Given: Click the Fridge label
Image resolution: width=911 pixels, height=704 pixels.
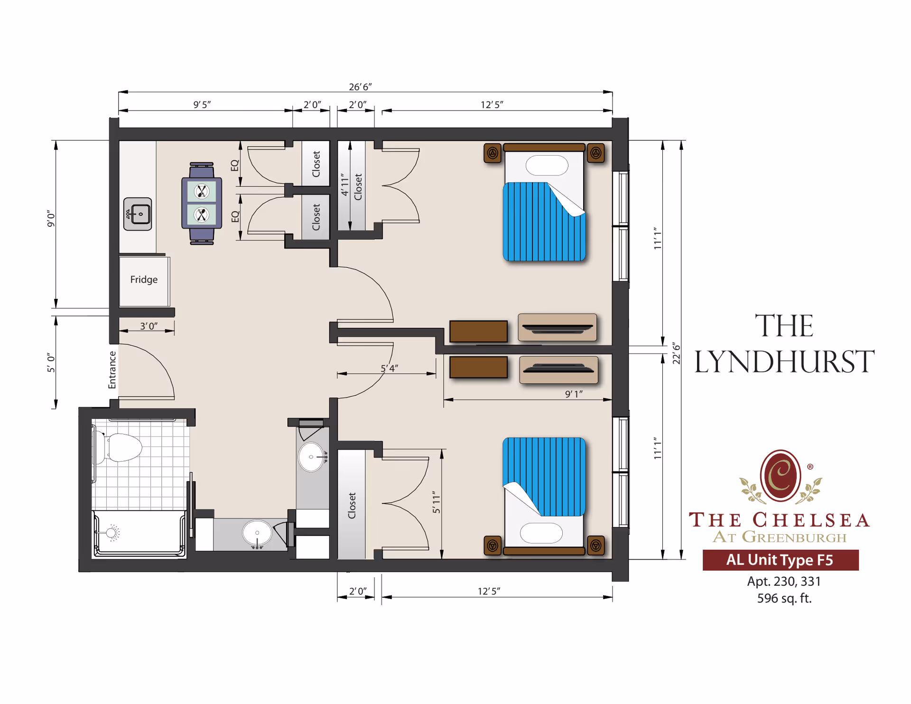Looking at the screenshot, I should [x=144, y=279].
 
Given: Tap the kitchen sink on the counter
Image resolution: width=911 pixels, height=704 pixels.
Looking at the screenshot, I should [x=138, y=214].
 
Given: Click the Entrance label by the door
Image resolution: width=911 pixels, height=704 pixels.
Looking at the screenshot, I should [x=112, y=370].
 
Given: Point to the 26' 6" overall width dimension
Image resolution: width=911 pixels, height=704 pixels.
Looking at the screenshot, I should [x=360, y=87].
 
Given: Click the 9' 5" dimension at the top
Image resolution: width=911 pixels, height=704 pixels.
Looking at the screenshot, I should [x=202, y=104].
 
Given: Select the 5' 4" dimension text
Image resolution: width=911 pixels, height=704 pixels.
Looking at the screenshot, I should [x=390, y=368].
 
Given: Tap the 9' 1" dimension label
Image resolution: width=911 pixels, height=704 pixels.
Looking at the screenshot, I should [x=574, y=394].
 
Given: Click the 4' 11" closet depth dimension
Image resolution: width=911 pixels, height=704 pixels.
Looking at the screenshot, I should [x=345, y=185].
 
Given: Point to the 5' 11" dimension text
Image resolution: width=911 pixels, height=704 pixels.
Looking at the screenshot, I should [x=437, y=502].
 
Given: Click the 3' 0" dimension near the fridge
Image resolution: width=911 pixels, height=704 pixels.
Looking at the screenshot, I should [x=149, y=326].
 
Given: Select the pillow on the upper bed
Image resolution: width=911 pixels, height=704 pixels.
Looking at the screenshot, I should [x=547, y=166].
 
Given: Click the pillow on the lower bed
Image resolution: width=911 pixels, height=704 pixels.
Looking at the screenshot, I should [x=541, y=533].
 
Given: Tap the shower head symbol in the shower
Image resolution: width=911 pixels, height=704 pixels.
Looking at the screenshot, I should [x=112, y=532].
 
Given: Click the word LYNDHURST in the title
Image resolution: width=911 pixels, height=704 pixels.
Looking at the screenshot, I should [x=784, y=362].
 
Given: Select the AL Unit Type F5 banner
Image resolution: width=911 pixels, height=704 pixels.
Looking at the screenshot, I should [x=780, y=560].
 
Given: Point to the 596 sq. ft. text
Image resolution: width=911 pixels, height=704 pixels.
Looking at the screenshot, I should [x=784, y=598].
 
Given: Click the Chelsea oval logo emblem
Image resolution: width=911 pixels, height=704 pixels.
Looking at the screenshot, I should [x=781, y=475].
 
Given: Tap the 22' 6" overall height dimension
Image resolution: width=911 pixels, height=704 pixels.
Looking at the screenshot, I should [x=677, y=353].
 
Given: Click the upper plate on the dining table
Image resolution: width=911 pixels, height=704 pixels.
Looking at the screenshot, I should [x=202, y=192].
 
